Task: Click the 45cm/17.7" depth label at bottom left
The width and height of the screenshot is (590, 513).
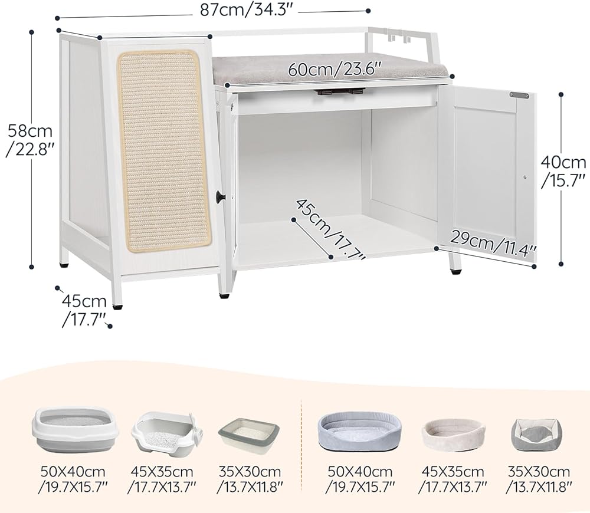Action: point(85,310)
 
